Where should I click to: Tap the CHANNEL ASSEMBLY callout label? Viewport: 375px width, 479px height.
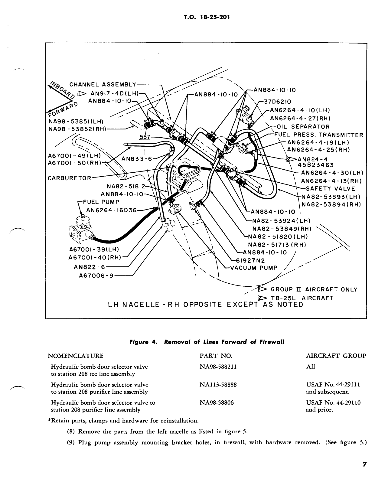pyautogui.click(x=103, y=84)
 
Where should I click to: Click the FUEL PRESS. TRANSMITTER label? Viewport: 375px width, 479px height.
pyautogui.click(x=318, y=135)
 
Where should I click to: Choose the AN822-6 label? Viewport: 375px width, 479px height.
pyautogui.click(x=90, y=267)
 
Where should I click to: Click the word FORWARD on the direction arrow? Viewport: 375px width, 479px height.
pyautogui.click(x=63, y=110)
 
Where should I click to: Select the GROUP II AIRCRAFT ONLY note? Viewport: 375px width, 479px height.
pyautogui.click(x=314, y=289)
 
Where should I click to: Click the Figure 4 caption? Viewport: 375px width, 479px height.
pyautogui.click(x=207, y=342)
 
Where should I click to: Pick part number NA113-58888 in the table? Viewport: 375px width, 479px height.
pyautogui.click(x=218, y=385)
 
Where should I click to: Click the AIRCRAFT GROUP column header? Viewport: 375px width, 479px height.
pyautogui.click(x=336, y=356)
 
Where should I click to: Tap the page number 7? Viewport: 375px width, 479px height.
pyautogui.click(x=364, y=465)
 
